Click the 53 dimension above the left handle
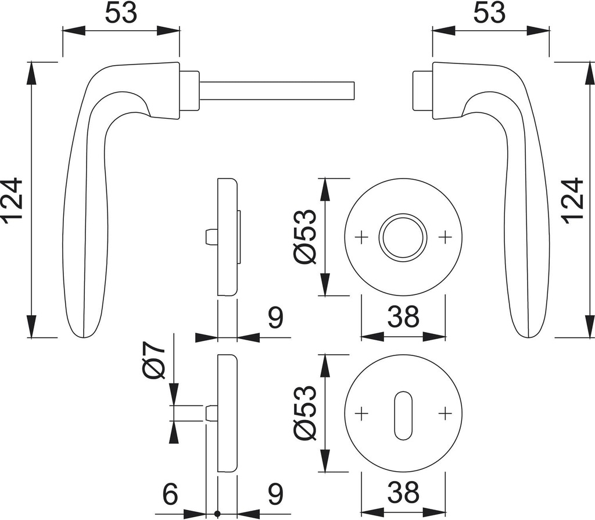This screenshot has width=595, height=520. (121, 13)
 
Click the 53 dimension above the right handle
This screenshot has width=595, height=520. (489, 13)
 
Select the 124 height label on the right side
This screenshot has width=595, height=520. (573, 200)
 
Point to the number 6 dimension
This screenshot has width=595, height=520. (169, 494)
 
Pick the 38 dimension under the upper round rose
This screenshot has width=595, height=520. (403, 318)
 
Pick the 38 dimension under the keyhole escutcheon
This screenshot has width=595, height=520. (403, 494)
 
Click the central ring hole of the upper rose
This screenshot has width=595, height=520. (403, 237)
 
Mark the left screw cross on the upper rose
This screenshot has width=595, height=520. (361, 237)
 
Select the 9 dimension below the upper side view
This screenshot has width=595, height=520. (275, 318)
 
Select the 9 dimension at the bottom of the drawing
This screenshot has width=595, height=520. (275, 494)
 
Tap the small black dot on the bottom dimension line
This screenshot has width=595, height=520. (217, 514)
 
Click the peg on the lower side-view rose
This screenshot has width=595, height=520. (212, 413)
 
